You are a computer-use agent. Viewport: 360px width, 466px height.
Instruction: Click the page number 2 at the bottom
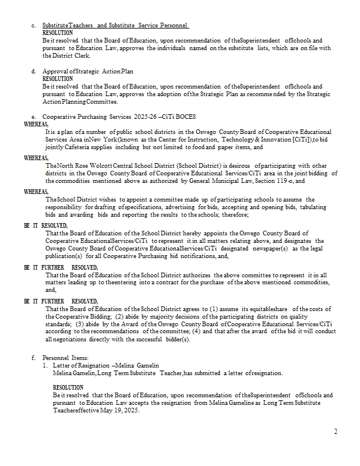coord(336,432)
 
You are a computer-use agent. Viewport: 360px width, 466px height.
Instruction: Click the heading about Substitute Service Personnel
coord(116,26)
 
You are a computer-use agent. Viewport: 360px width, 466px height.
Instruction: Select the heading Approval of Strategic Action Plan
coord(88,71)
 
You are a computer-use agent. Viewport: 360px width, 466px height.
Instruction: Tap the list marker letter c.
coord(34,26)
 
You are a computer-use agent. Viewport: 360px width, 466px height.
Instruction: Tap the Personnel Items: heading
coord(65,357)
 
